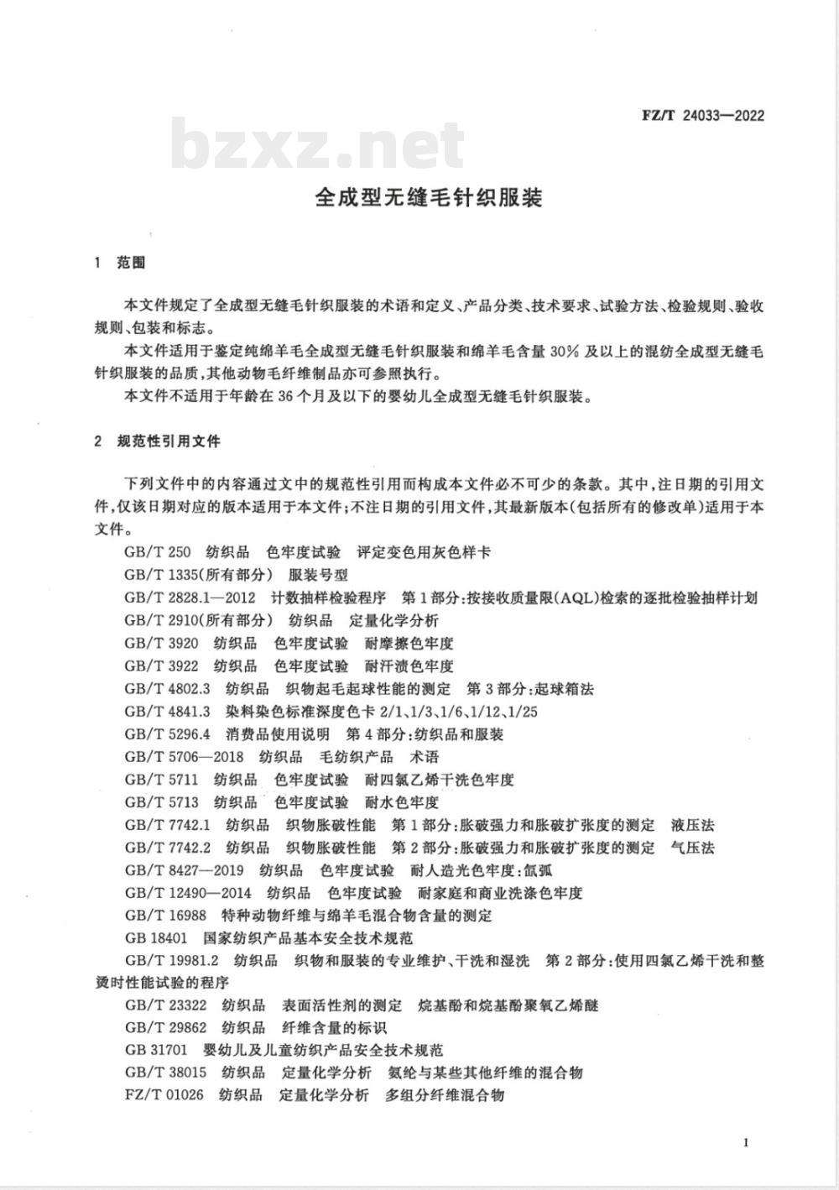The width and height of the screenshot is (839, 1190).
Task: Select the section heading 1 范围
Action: coord(121,263)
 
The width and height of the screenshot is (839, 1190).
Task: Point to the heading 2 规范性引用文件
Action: coord(159,440)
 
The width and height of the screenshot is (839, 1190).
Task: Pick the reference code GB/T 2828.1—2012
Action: coord(189,598)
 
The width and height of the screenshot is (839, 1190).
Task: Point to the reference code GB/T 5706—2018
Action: coord(184,757)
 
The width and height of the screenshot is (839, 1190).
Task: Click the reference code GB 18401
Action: coord(156,937)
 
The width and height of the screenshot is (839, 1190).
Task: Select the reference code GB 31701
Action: coord(156,1050)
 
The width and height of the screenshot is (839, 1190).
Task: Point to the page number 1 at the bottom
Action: coord(746,1142)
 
